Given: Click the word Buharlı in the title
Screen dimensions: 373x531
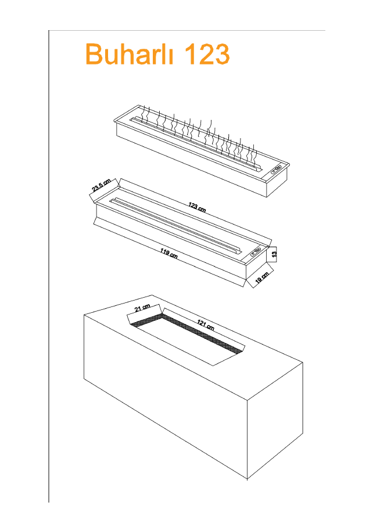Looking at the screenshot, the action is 129,53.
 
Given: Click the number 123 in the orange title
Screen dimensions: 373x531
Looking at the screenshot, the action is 207,54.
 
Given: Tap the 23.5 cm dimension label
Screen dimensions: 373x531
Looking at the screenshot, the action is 102,186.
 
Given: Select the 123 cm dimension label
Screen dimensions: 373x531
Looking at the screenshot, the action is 197,207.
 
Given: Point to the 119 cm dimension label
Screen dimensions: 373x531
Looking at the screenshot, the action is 169,253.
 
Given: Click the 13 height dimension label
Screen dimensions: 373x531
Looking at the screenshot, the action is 274,254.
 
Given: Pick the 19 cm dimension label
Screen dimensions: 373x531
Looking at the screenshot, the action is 262,277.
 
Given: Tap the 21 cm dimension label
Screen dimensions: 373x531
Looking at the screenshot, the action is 142,308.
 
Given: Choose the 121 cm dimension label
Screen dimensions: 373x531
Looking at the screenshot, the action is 206,326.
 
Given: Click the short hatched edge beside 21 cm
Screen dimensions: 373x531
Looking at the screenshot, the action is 146,320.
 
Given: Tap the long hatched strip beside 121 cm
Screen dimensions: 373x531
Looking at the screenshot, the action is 203,334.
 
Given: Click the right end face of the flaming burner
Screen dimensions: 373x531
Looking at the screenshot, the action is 277,182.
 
